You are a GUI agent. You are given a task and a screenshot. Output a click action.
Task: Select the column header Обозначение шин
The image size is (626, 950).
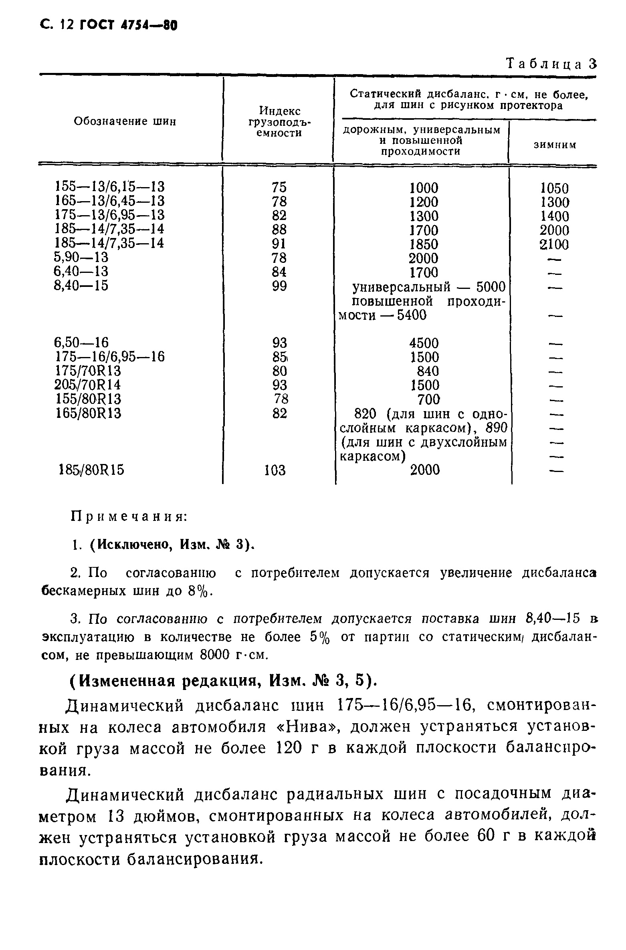pos(125,121)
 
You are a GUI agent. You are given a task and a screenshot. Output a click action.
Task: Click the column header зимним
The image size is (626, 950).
pos(555,145)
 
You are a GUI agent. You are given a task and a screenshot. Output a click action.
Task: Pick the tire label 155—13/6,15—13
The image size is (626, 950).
pos(110,186)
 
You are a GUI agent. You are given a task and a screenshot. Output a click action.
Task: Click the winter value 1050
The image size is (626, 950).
pos(554,188)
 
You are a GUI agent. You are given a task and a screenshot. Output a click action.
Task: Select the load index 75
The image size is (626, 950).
pos(279,187)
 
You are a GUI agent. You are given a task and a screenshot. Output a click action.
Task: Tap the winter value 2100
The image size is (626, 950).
pos(554,244)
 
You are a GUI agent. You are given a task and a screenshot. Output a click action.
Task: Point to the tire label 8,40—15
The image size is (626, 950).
pos(81,286)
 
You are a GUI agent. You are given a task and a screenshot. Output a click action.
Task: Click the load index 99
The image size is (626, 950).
pos(279,286)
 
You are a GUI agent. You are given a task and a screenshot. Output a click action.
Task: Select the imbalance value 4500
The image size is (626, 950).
pos(424,343)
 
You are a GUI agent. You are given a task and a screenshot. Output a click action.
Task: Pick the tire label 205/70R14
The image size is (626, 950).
pos(87,385)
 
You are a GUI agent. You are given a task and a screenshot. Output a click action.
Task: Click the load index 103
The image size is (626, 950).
pos(275,470)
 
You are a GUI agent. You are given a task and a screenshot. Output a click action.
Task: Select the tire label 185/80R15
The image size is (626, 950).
pos(91,470)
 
